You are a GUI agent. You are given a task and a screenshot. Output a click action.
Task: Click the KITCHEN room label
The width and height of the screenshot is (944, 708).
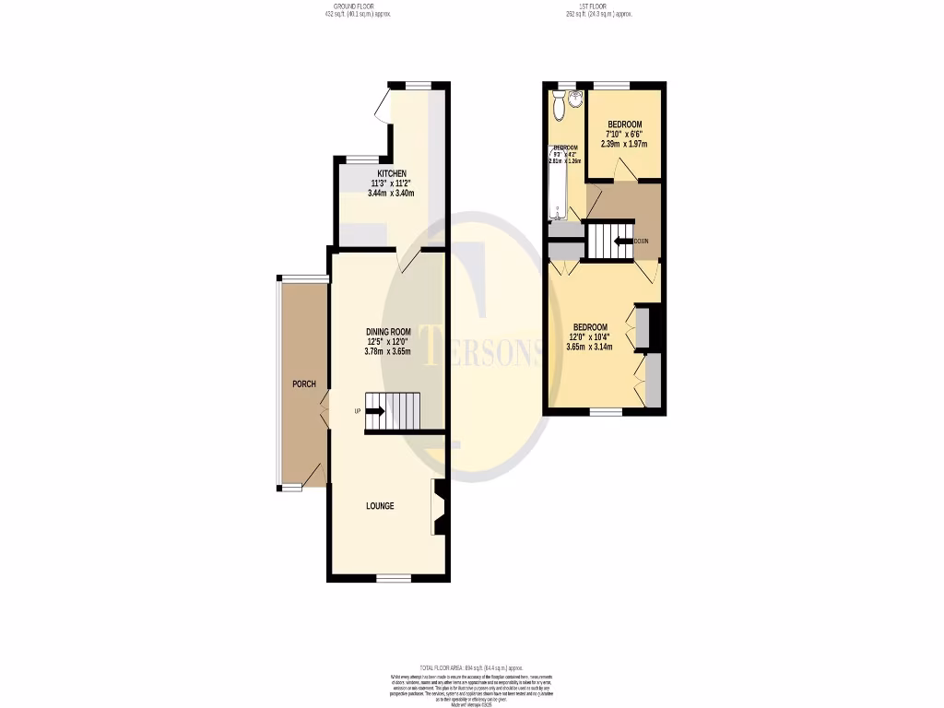click(x=392, y=173)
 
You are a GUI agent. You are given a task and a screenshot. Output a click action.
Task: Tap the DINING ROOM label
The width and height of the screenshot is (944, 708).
click(x=388, y=332)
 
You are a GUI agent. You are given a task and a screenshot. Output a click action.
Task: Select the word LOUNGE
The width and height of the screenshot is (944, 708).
click(x=380, y=506)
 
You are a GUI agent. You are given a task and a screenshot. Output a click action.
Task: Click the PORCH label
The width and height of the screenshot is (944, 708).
click(x=304, y=383)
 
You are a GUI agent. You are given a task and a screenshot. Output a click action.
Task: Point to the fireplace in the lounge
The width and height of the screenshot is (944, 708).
click(x=438, y=507)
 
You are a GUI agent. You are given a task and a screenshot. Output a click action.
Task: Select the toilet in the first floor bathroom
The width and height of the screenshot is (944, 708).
click(x=557, y=106)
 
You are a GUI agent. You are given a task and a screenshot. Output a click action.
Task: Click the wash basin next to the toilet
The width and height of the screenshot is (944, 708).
click(x=577, y=99)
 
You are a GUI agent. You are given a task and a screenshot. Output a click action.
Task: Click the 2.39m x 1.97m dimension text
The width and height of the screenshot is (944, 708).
click(x=624, y=144)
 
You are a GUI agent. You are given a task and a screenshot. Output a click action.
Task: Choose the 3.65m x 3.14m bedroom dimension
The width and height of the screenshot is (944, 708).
click(x=590, y=347)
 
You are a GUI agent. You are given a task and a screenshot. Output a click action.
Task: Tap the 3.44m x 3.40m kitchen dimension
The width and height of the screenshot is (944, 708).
click(x=392, y=194)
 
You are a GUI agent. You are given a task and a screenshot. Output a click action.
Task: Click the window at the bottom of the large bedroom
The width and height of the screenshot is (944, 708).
click(x=605, y=411)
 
